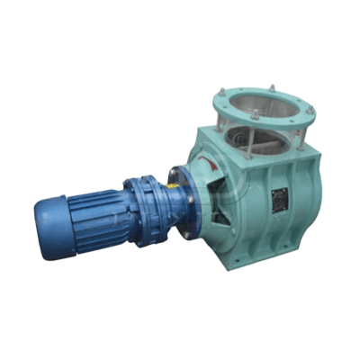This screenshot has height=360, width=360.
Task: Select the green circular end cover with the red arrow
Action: click(211, 180)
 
